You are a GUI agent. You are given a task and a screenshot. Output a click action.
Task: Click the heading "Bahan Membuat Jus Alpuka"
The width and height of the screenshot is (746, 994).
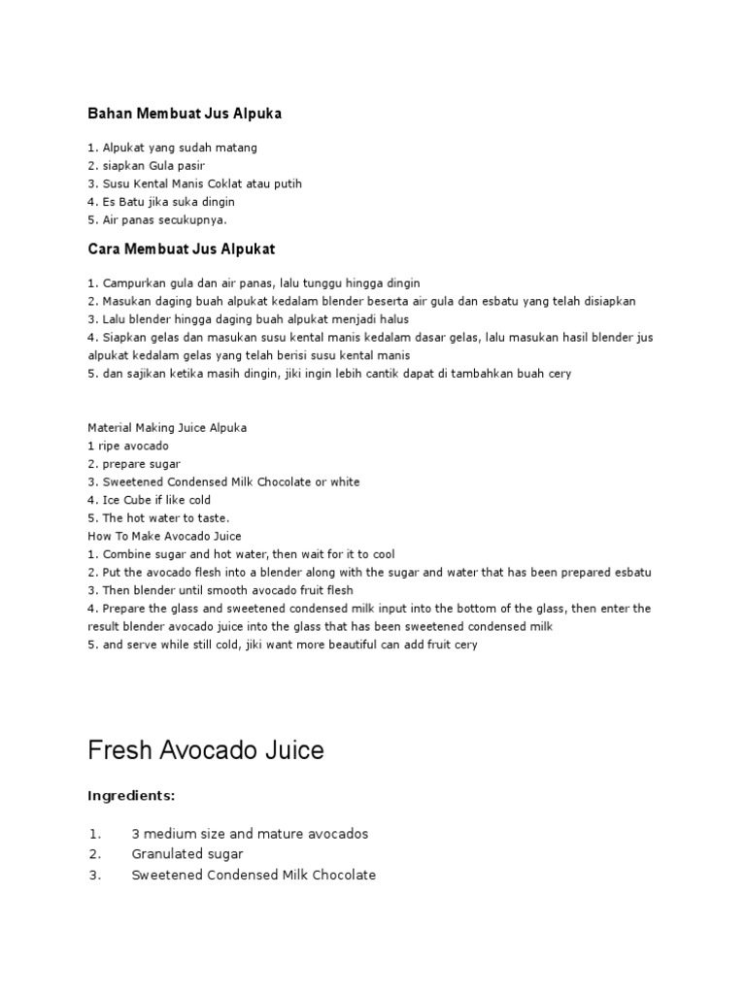[185, 114]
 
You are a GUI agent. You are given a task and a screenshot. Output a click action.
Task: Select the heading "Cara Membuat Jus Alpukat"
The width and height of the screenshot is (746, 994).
[182, 249]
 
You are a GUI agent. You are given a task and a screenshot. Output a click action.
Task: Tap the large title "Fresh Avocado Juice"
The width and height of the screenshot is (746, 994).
[206, 750]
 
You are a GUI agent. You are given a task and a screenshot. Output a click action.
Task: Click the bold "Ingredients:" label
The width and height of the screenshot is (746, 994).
[131, 796]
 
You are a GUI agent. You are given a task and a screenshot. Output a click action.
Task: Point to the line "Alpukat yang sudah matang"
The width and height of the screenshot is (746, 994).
[172, 148]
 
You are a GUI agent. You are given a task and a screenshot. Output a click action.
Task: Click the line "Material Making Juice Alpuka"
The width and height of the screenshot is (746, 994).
[167, 427]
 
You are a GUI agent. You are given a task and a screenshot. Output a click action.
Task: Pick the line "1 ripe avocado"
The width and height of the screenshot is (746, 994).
[128, 446]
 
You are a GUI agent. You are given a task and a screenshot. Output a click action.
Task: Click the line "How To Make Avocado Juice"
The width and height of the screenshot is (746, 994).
[164, 536]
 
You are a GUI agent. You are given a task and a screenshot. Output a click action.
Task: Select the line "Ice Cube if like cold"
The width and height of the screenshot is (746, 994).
[149, 500]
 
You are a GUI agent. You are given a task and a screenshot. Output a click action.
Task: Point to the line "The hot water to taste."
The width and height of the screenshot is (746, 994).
[158, 517]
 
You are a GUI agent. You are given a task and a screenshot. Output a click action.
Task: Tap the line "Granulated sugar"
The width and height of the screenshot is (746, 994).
[187, 854]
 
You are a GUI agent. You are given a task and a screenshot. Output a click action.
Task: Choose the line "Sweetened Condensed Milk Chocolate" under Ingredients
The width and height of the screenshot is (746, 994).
[254, 875]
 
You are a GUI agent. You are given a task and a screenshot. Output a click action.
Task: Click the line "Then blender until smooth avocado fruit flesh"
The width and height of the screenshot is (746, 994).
[220, 590]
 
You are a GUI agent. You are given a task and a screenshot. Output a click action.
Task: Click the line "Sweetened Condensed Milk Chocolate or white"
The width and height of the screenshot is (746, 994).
[223, 481]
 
